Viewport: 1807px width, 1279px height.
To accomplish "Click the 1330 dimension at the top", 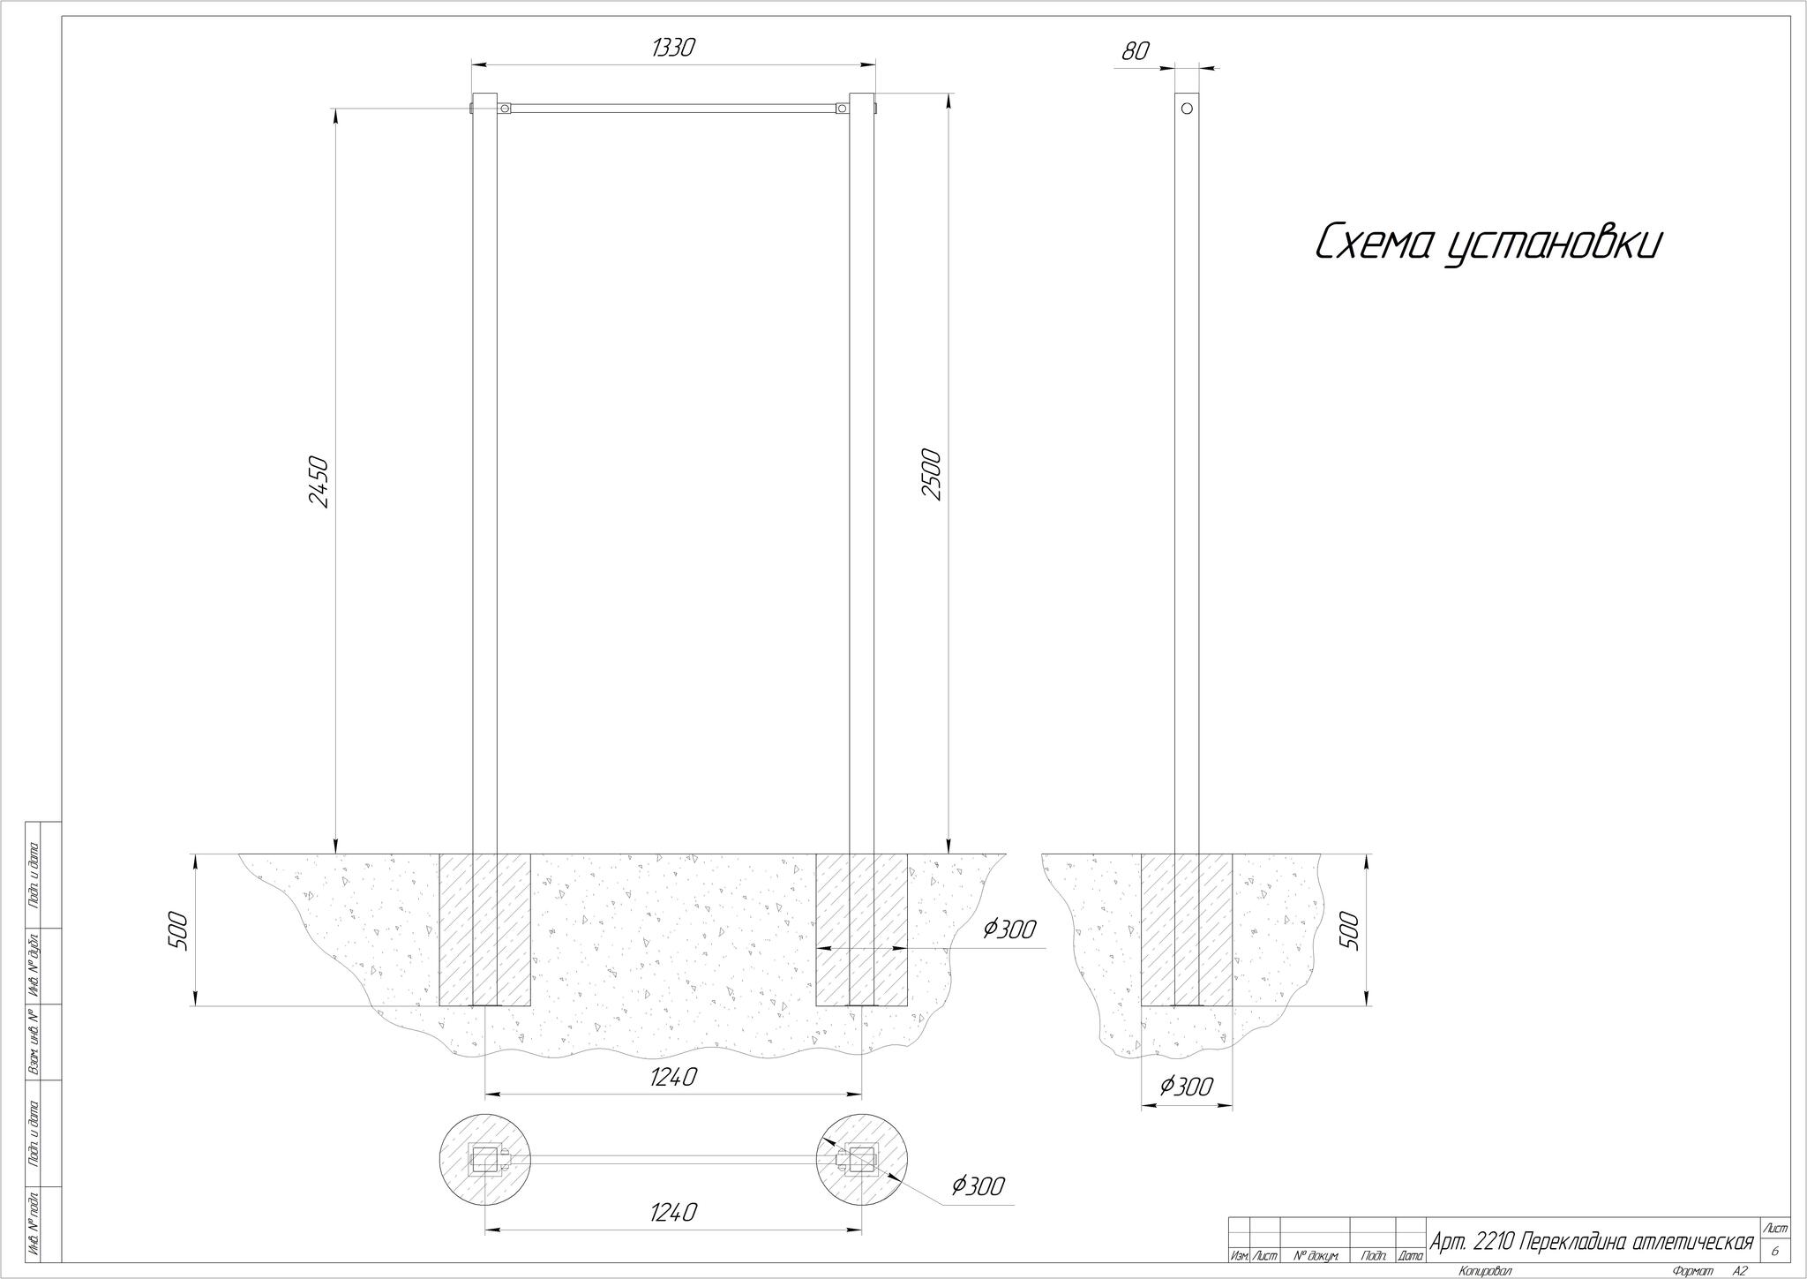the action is click(x=673, y=48).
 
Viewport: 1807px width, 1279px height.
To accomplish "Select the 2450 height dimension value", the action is click(x=319, y=482).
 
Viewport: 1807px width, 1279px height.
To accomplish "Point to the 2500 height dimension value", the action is click(x=932, y=475).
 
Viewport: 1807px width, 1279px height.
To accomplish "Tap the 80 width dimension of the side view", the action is click(x=1136, y=52).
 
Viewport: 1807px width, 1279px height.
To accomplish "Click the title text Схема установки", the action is click(x=1488, y=243).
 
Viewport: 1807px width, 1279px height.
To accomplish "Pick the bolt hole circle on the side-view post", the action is click(x=1187, y=108).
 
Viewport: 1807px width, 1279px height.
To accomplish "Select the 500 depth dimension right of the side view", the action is click(x=1351, y=930).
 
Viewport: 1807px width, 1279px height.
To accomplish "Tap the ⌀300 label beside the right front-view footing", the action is click(x=1008, y=929).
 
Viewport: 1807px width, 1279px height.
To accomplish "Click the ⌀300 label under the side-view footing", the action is click(x=1185, y=1087).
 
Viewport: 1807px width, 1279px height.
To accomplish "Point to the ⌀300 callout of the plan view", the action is click(x=978, y=1186).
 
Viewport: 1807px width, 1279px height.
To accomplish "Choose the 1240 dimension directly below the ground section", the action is click(x=674, y=1077).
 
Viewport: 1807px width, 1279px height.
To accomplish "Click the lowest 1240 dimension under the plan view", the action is click(x=674, y=1213).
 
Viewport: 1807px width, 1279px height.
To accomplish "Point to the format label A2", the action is click(x=1740, y=1271).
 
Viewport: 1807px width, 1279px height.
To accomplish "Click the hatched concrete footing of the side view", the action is click(x=1187, y=929).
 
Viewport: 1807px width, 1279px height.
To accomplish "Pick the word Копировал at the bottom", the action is click(x=1486, y=1271).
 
